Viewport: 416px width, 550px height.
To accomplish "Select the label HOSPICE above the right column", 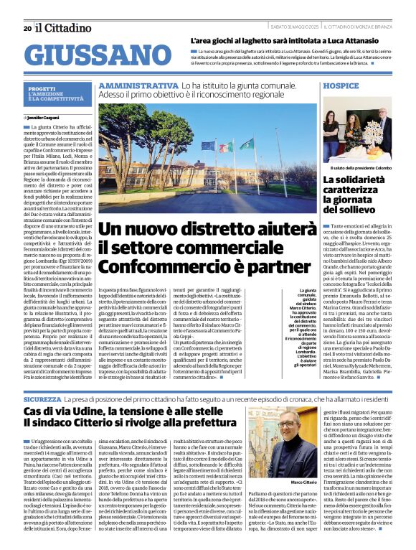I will click(x=341, y=85).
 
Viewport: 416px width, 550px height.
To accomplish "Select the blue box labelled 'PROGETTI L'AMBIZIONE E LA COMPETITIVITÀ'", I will click(x=58, y=94).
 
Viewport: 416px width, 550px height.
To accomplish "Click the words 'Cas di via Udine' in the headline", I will click(x=65, y=410).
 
